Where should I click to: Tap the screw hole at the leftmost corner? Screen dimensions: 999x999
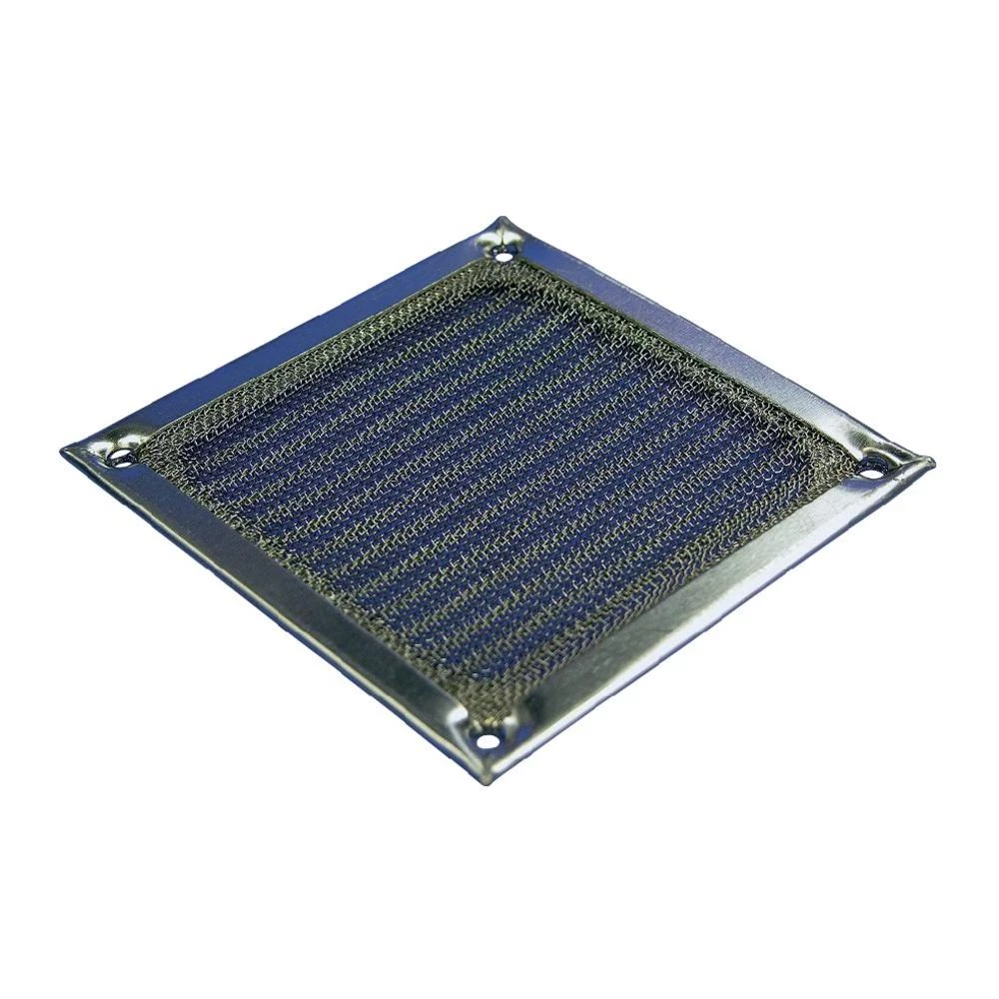coord(121,457)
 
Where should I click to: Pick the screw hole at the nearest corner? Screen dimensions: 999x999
coord(486,740)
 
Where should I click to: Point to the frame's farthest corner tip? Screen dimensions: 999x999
coord(500,218)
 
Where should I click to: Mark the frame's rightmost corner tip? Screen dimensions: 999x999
coord(932,462)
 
